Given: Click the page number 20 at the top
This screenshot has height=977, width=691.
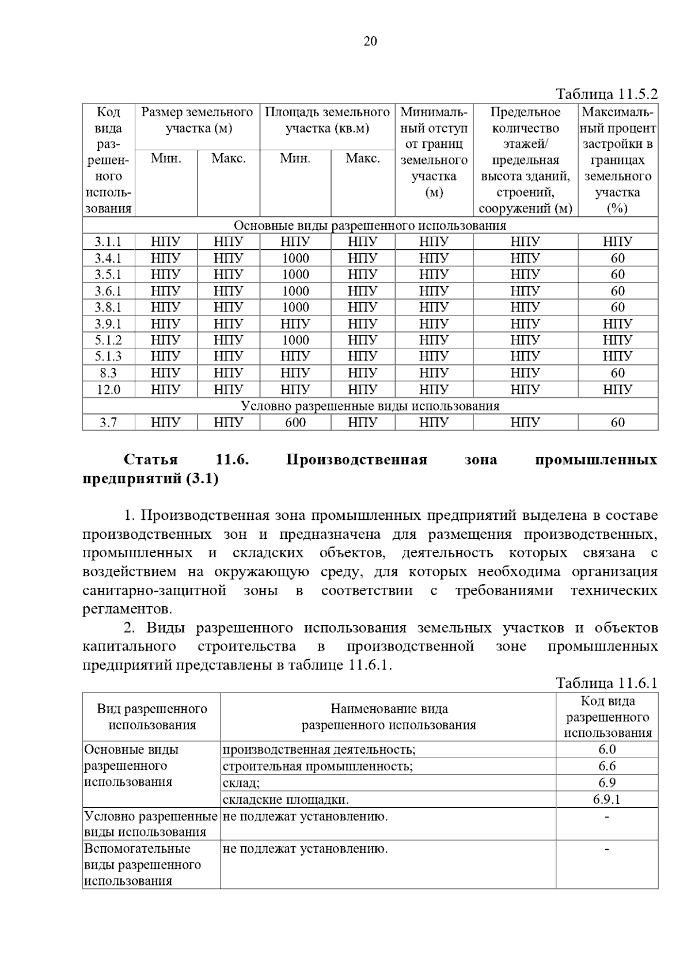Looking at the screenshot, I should coord(370,41).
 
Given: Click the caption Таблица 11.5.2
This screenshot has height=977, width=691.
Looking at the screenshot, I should coord(606,94).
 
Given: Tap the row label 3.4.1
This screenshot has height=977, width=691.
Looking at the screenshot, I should coord(108,258).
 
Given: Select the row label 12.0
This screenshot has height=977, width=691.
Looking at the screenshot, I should coord(108,390).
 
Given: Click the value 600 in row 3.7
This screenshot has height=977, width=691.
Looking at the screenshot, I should coord(295,423).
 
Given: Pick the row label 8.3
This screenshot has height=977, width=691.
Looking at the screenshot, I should coord(108,373).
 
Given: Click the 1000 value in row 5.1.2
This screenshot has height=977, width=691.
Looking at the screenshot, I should coord(295,340).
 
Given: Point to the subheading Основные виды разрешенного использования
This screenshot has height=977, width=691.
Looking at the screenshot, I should coord(370,225).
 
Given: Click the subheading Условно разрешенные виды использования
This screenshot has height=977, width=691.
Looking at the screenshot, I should coord(370,406).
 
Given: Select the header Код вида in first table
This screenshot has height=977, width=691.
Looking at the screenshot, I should coord(108,120).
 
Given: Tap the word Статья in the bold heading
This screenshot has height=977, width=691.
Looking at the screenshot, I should coord(151,459).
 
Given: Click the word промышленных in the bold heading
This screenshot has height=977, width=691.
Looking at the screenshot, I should coord(596,459).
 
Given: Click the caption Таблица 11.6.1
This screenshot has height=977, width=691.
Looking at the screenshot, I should coord(606,683).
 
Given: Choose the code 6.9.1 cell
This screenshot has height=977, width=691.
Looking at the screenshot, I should coord(607,799).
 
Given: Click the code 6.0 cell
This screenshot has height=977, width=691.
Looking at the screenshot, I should coord(607,749).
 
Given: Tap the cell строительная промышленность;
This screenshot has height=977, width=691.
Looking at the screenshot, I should coord(317,766).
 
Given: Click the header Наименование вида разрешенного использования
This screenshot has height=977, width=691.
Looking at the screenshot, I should coord(389,717).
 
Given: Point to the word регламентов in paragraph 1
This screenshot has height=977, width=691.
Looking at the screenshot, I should coord(127,609).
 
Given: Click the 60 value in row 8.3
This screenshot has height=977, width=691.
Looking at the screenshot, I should coord(617,373).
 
